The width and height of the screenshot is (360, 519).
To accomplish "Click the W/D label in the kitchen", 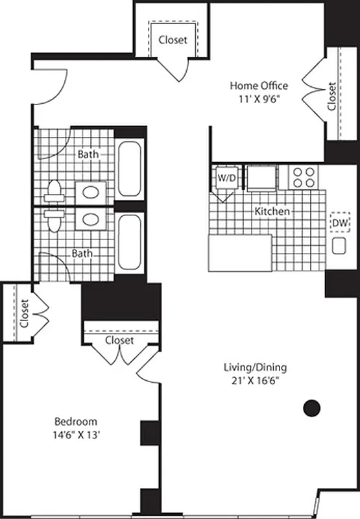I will coord(226,177).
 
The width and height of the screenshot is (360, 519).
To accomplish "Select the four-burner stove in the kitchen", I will coord(303,176).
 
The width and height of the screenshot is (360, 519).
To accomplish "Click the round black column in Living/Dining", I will coord(312,407).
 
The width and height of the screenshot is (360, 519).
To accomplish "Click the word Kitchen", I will coord(272,211).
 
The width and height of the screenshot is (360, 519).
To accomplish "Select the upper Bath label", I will coord(89,154).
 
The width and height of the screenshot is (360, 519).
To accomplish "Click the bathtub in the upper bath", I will coord(130,169).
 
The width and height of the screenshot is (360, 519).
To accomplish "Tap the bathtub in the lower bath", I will coord(130,242).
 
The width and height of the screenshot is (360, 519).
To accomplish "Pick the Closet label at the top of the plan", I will coord(173,40).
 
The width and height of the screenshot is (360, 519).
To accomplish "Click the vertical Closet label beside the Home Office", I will coord(332,95).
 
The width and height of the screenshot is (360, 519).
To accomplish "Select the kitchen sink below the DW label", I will coord(339,246).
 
